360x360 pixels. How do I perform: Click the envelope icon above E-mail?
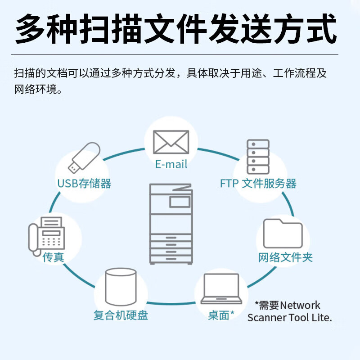171,142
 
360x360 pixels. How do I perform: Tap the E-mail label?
171,164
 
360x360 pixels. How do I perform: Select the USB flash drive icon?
84,157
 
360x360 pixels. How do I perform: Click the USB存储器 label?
84,183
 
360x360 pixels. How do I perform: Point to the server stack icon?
258,157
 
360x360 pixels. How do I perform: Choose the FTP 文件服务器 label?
258,183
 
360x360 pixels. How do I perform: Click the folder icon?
283,234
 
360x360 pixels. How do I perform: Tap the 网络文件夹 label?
285,257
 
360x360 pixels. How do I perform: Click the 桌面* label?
221,315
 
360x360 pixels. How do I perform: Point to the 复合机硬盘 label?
121,315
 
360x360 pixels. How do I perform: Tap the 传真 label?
53,257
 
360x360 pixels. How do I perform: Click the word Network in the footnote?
300,305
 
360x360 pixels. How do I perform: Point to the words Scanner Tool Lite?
289,318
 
